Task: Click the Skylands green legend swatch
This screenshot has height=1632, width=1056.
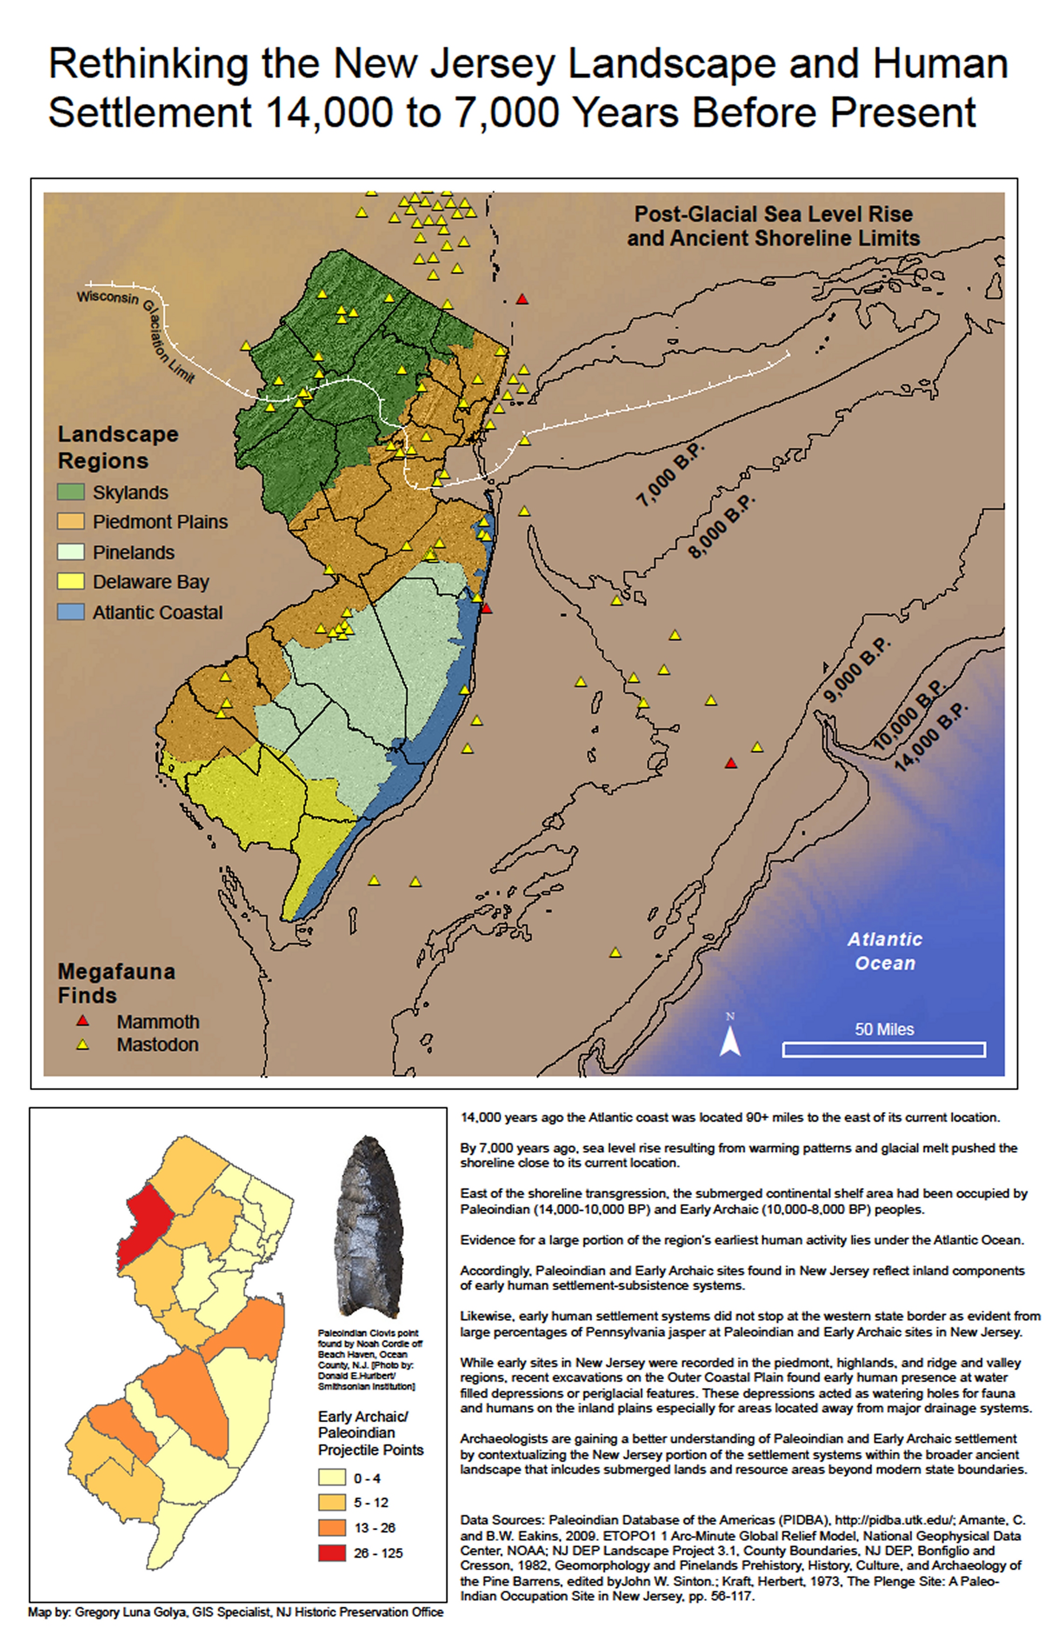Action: [70, 491]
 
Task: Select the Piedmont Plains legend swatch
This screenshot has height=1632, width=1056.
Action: [70, 521]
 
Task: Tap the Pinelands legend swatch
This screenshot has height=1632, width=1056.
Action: [70, 551]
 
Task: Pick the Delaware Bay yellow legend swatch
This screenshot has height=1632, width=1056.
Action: [70, 581]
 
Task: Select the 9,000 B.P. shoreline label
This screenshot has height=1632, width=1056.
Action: [857, 670]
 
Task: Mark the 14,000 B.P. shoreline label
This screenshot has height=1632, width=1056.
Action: [932, 738]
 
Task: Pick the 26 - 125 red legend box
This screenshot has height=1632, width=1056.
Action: [332, 1552]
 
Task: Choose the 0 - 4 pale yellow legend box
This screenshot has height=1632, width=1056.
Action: [332, 1478]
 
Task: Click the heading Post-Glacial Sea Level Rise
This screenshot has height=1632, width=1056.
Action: [772, 214]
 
